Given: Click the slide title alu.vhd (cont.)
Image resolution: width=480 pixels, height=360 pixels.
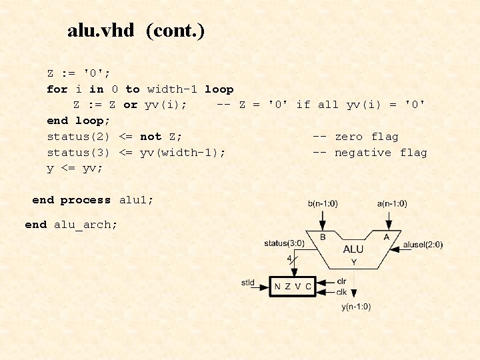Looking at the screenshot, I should pos(136,31).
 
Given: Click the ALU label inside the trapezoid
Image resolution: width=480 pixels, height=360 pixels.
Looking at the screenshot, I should pos(353,249).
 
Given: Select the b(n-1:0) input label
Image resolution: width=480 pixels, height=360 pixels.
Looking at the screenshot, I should pos(323,203).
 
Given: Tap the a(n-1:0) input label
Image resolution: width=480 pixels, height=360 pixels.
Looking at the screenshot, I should pos(391,203).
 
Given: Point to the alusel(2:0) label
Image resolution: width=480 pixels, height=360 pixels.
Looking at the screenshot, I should pos(423,245).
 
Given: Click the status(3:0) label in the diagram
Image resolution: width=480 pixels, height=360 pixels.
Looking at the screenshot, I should pos(284,243).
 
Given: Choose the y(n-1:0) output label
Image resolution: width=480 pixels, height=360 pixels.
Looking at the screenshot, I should pos(356,307).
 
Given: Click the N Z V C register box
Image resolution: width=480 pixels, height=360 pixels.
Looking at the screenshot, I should pos(293,287).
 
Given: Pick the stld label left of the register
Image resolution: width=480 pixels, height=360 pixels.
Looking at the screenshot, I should pos(248,283).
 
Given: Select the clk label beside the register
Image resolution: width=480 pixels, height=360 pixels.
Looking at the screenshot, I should pos(341,291).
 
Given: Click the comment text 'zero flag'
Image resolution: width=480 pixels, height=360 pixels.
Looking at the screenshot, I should pos(366,137).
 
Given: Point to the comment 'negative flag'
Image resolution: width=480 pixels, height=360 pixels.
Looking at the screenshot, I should pos(381,153).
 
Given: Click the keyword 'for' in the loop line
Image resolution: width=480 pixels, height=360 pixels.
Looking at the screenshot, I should pos(57,89).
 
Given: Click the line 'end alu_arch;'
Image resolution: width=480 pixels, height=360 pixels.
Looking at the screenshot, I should pos(71,225).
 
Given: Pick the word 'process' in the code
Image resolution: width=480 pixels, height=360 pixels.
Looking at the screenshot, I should pos(85,200).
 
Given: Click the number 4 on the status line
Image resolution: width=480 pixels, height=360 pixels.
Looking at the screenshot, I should pos(289,257).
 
